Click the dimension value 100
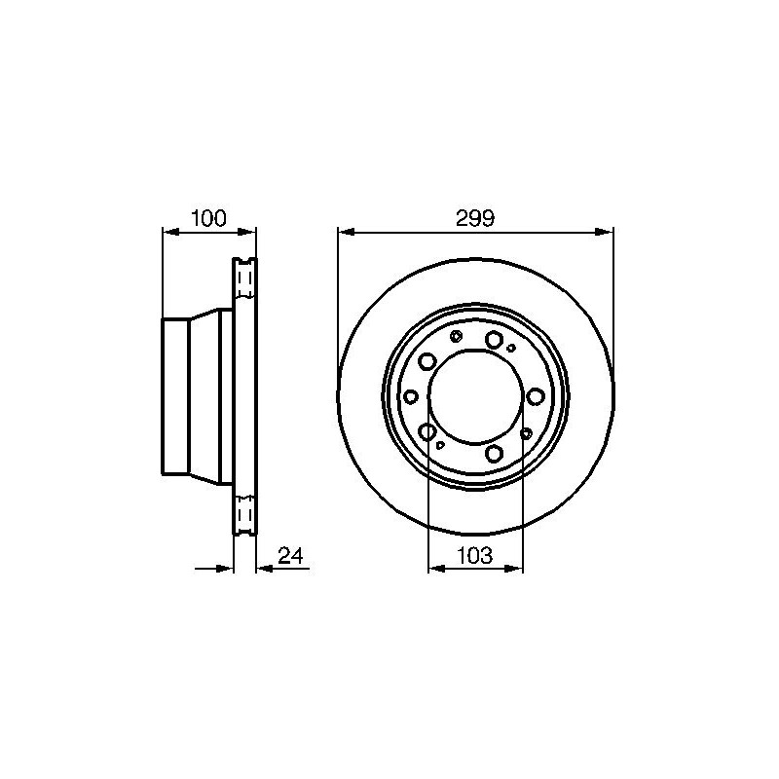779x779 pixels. click(x=208, y=218)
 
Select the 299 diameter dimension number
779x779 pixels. click(x=475, y=218)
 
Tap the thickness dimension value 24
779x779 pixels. click(x=290, y=555)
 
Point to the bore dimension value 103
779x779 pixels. click(x=475, y=555)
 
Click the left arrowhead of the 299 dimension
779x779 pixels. click(x=347, y=232)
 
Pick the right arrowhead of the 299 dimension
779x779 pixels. click(x=604, y=232)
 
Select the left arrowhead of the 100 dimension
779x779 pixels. click(x=171, y=232)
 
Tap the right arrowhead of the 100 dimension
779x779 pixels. click(x=247, y=232)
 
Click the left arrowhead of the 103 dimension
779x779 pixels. click(x=436, y=569)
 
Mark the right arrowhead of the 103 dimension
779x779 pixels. click(x=514, y=569)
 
